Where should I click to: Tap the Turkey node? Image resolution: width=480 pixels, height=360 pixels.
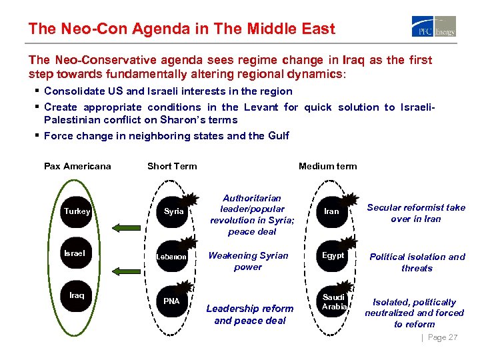click(x=77, y=211)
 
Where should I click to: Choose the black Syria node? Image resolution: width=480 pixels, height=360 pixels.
click(x=173, y=211)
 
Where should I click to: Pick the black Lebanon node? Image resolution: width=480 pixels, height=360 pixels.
click(x=172, y=256)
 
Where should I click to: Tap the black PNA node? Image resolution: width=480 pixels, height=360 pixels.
click(x=172, y=301)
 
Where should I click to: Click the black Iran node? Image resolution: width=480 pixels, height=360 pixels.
click(x=331, y=211)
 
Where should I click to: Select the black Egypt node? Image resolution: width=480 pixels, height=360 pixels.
click(x=333, y=255)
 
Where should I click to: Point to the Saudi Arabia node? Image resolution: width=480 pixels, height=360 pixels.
click(x=333, y=301)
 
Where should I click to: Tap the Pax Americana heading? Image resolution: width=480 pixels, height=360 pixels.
click(x=77, y=166)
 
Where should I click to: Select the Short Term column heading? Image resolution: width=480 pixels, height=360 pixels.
click(x=172, y=166)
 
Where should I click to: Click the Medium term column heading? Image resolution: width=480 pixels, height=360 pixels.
click(x=327, y=166)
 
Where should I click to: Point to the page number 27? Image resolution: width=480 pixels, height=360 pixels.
click(x=443, y=337)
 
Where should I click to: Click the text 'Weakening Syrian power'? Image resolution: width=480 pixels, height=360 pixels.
click(x=248, y=261)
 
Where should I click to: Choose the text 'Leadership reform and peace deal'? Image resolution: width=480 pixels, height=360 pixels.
click(x=249, y=314)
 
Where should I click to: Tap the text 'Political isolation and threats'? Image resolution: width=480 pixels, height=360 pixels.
click(x=417, y=262)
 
